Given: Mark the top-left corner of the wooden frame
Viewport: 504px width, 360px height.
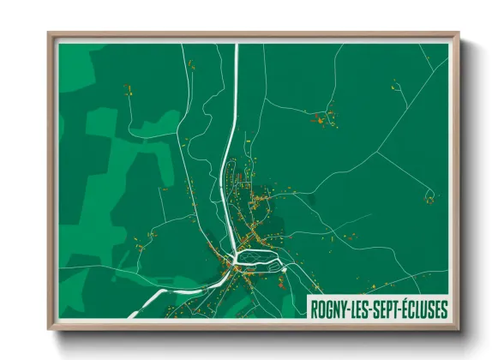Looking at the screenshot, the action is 49,33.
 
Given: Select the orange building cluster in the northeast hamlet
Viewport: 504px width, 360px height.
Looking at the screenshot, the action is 325,117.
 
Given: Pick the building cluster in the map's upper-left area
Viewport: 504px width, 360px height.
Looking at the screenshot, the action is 129,89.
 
